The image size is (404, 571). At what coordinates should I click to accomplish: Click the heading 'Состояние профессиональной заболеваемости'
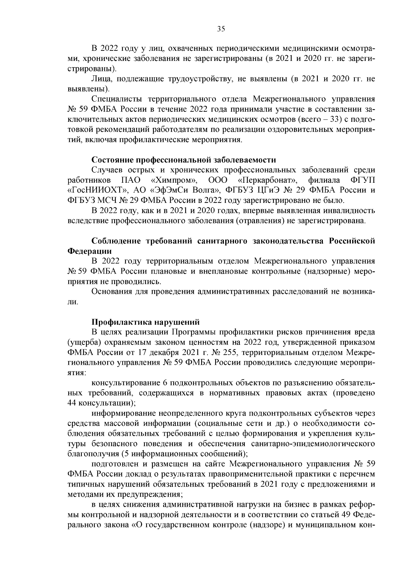tap(184, 159)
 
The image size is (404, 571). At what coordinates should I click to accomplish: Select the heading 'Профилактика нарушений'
tap(145, 322)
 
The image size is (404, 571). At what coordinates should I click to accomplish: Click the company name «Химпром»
tap(175, 180)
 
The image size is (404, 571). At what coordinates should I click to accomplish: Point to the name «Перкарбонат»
tap(267, 180)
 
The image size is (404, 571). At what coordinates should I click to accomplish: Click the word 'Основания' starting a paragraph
tap(111, 291)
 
